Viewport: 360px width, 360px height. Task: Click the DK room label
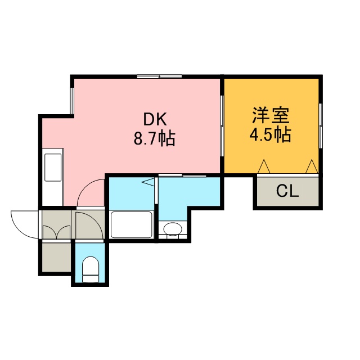[155, 120]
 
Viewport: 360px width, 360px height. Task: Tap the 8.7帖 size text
[155, 138]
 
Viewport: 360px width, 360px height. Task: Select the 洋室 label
[271, 115]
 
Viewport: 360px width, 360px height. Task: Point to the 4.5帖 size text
[270, 134]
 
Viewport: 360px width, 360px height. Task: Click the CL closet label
[287, 191]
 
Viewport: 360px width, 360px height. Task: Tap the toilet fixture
[91, 269]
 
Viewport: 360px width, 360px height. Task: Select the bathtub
[131, 225]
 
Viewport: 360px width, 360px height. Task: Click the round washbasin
[173, 229]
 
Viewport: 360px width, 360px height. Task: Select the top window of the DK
[160, 76]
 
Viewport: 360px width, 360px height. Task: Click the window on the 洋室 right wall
[321, 126]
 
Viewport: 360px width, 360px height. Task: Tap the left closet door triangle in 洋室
[264, 166]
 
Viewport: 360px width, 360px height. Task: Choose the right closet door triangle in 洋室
[312, 166]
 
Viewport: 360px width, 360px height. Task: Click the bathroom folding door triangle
[148, 182]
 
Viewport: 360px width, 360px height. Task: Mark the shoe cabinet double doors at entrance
[56, 232]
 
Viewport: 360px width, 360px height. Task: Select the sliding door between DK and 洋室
[222, 126]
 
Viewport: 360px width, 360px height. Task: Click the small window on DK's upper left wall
[72, 101]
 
